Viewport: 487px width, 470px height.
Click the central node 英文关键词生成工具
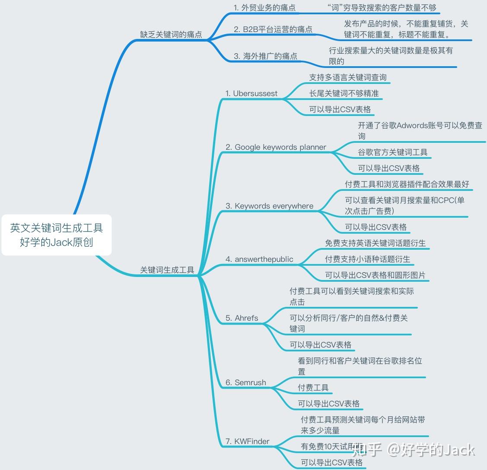click(57, 235)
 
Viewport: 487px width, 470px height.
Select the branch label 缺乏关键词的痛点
click(171, 35)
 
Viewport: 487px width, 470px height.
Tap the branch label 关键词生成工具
click(167, 270)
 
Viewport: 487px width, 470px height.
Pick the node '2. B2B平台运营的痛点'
click(273, 29)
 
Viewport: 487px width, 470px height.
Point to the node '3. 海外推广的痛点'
click(266, 56)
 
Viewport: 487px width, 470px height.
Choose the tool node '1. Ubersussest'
click(251, 93)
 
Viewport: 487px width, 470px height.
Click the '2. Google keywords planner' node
click(276, 147)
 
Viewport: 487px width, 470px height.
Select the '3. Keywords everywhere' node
click(270, 206)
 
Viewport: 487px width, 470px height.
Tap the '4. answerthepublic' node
click(259, 259)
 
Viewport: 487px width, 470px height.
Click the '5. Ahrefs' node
click(242, 318)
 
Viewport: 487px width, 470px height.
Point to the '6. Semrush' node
click(246, 383)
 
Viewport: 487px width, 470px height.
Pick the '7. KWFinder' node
click(248, 441)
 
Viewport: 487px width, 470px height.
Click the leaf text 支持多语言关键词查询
click(348, 77)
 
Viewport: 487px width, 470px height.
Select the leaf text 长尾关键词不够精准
click(344, 93)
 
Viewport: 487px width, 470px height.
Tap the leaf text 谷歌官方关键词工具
click(393, 152)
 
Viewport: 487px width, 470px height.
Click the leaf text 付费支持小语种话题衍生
click(368, 259)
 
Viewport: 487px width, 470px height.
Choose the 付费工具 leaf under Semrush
click(313, 388)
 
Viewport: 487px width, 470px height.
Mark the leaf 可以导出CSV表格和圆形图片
click(375, 275)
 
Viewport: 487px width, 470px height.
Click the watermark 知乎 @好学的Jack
click(414, 450)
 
